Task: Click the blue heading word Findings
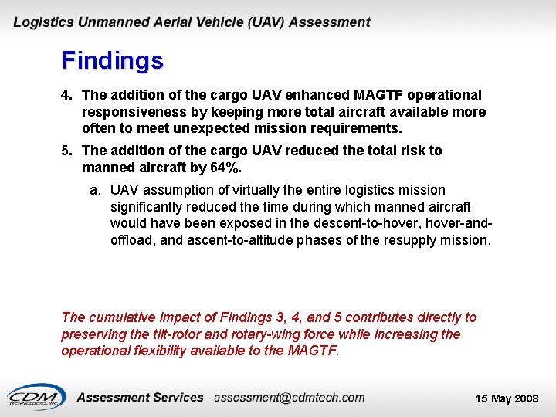click(112, 60)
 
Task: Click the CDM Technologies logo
click(36, 396)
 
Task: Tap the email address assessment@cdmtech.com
click(290, 397)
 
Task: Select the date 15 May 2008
click(507, 398)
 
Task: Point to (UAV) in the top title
click(267, 22)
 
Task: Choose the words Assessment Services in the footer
click(141, 397)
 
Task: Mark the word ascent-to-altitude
click(236, 240)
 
